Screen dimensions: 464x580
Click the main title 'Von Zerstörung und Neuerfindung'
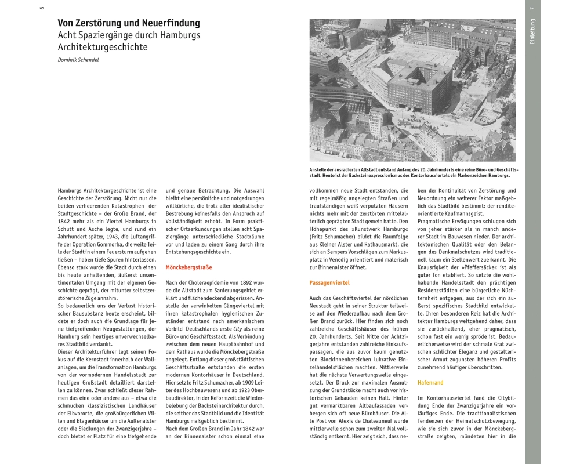point(128,23)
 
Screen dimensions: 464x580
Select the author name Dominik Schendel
point(78,60)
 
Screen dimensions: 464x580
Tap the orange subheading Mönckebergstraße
point(188,267)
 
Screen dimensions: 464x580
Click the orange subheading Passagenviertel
point(329,282)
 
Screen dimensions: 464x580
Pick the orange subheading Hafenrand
point(430,383)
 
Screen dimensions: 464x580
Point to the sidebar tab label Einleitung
point(532,32)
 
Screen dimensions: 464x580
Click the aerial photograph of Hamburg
point(412,90)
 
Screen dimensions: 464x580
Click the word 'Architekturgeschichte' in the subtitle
point(103,47)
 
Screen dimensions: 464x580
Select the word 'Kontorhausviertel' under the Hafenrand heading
point(448,398)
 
